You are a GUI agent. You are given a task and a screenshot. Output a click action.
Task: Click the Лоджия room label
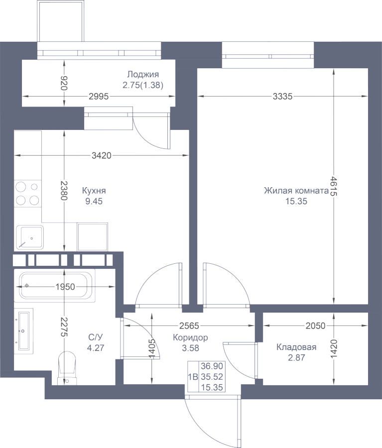pyautogui.click(x=142, y=74)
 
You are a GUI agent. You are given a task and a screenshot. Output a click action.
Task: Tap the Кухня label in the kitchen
pyautogui.click(x=94, y=191)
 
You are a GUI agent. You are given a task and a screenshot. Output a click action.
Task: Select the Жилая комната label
pyautogui.click(x=296, y=191)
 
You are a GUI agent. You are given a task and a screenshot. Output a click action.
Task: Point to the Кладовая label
pyautogui.click(x=296, y=347)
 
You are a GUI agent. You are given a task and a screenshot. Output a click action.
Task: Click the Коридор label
pyautogui.click(x=190, y=337)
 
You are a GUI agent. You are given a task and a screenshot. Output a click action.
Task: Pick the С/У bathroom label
pyautogui.click(x=96, y=337)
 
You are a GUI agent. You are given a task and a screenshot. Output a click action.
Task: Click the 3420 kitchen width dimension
pyautogui.click(x=102, y=156)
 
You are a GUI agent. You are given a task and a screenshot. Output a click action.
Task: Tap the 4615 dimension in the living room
pyautogui.click(x=334, y=186)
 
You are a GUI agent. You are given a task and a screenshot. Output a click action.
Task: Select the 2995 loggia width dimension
pyautogui.click(x=99, y=97)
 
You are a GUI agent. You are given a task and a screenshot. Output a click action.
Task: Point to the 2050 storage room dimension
pyautogui.click(x=315, y=326)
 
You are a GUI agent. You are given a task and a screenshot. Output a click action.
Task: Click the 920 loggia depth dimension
pyautogui.click(x=64, y=83)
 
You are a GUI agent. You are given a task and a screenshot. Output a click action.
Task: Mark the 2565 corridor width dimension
pyautogui.click(x=189, y=326)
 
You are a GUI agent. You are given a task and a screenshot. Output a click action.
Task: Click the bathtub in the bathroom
pyautogui.click(x=57, y=285)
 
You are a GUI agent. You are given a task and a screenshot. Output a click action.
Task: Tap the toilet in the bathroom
pyautogui.click(x=67, y=368)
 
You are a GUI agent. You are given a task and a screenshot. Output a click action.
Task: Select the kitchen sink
pyautogui.click(x=30, y=237)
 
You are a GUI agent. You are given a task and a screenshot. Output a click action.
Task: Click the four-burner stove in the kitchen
pyautogui.click(x=27, y=194)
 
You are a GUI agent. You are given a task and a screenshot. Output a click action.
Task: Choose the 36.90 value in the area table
pyautogui.click(x=212, y=366)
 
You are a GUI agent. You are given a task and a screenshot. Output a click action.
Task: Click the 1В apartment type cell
pyautogui.click(x=193, y=377)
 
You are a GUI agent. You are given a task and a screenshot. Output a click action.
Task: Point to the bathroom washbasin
pyautogui.click(x=23, y=331)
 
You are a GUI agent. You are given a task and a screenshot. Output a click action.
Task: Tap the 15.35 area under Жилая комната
pyautogui.click(x=296, y=201)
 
